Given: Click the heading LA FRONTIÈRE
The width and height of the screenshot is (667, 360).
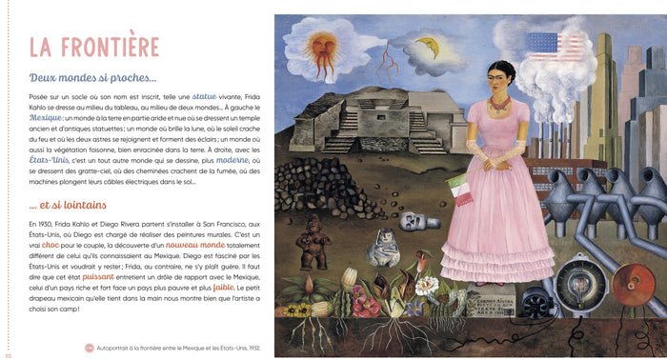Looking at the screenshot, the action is [93, 47].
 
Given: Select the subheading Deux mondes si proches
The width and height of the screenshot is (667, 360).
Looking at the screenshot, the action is [92, 78].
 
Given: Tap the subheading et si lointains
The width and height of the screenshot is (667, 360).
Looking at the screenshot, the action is [67, 204].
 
